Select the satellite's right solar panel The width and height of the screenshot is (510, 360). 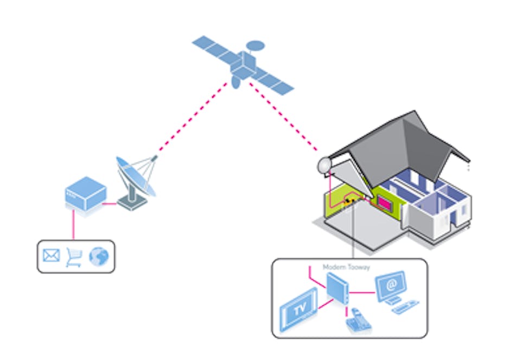click(x=274, y=81)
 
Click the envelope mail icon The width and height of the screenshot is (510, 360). click(x=51, y=255)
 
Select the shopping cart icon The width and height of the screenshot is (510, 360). click(x=74, y=256)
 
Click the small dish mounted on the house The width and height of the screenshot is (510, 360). click(x=324, y=165)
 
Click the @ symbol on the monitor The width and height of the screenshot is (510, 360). click(x=391, y=284)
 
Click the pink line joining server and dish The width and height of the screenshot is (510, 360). click(x=111, y=204)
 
